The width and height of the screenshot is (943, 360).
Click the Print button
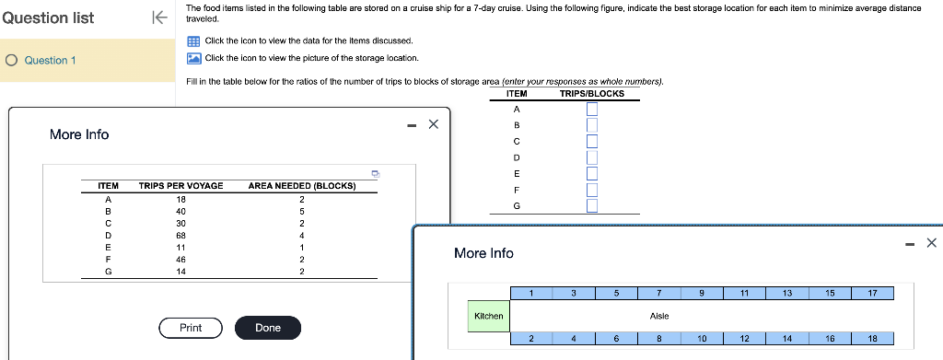coord(191,328)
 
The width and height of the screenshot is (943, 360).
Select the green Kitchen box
coord(488,316)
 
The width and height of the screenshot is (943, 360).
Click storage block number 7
coord(659,294)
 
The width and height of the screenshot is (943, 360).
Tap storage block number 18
coord(873,339)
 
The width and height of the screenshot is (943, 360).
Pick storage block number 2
coord(531,339)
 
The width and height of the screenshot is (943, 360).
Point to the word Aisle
coord(659,316)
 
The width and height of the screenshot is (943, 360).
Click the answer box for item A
coord(592,109)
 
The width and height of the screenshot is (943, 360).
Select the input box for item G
coord(592,206)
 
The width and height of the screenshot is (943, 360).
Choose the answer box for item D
coord(592,157)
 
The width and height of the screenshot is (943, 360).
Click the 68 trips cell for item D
coord(180,235)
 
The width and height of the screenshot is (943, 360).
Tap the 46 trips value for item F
coord(180,260)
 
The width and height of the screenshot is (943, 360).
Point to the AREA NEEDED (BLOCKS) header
coord(302,186)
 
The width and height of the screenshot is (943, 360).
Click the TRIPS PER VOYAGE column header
coord(181,186)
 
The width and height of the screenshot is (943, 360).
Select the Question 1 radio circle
coord(11,60)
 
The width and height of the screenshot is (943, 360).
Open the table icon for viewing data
coord(193,41)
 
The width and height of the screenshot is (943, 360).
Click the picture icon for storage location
coord(193,58)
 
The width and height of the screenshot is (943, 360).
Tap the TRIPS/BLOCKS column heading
coord(592,94)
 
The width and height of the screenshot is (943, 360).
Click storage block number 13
coord(787,294)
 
